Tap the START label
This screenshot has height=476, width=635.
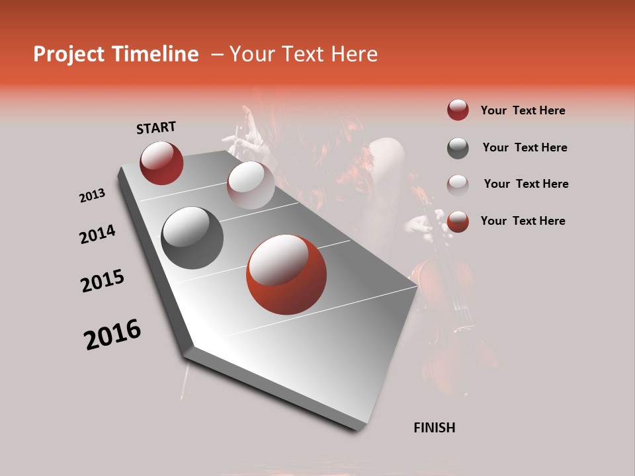coord(156,128)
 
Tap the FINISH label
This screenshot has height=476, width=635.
coord(435,428)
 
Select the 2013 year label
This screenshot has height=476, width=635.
coord(93,196)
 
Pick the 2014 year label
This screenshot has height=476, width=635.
coord(98,235)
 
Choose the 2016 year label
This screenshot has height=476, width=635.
coord(112,335)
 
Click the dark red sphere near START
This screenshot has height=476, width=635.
coord(161,163)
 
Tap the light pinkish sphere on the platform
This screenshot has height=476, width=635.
coord(251,185)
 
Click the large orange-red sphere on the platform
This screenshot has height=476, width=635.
coord(286,274)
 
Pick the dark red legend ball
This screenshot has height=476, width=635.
coord(458,110)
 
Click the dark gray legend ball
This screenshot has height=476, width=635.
coord(458,148)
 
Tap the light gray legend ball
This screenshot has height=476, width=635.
coord(458,184)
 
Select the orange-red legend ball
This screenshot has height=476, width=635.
coord(458,221)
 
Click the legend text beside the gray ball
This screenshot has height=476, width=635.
coord(525,147)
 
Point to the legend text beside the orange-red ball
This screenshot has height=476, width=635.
coord(523,221)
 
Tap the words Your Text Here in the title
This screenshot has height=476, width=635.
coord(304,54)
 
